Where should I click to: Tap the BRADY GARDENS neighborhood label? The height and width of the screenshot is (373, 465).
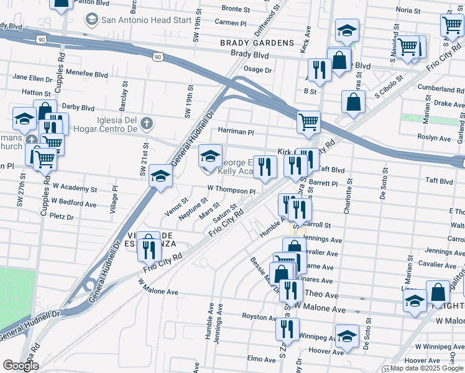click(x=257, y=43)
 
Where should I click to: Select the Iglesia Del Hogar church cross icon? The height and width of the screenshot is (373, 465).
click(x=146, y=122)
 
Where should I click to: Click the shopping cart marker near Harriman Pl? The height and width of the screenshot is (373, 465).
click(x=308, y=122)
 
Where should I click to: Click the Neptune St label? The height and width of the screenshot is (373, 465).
click(x=193, y=208)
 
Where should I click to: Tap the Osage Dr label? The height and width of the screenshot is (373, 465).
click(x=258, y=70)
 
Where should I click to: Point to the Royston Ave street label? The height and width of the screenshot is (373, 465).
click(x=259, y=317)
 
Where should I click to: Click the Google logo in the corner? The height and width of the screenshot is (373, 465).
click(x=20, y=366)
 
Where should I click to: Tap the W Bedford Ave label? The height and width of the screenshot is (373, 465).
click(x=74, y=203)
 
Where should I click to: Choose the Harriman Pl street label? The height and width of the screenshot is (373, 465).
click(x=236, y=132)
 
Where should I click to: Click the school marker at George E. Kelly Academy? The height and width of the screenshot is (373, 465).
click(x=210, y=157)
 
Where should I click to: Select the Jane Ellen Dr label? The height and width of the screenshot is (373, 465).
click(x=32, y=78)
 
